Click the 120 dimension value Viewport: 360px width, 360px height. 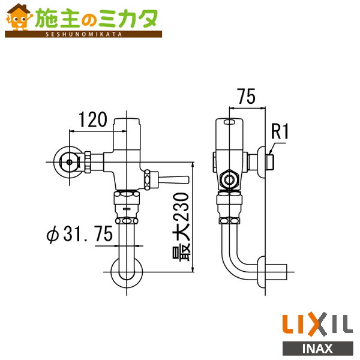point(92,119)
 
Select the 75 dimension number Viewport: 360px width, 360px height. point(247,95)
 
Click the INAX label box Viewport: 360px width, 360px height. point(317,347)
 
